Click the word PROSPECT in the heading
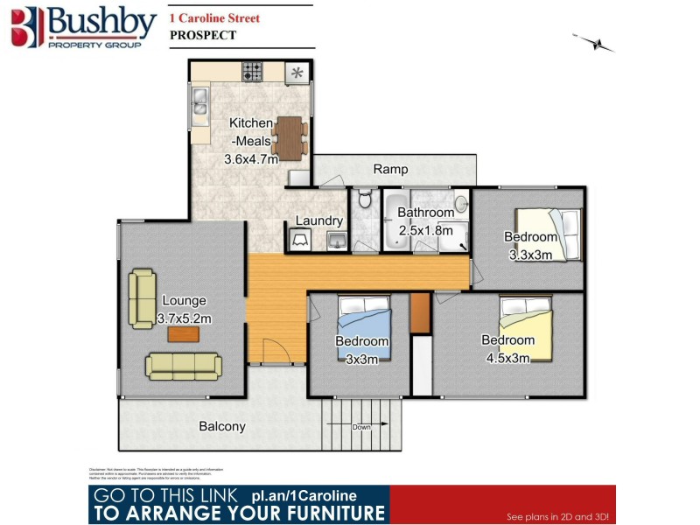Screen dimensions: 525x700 click(202, 35)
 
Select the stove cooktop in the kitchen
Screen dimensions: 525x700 click(254, 72)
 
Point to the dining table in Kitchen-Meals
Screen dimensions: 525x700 click(290, 136)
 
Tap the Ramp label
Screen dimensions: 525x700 click(390, 169)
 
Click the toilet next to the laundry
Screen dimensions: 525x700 click(364, 204)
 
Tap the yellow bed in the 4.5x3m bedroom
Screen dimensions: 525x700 click(525, 325)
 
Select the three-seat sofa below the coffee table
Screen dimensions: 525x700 click(184, 365)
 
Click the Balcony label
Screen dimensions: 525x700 click(222, 427)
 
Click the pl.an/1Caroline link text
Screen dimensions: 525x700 click(309, 496)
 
